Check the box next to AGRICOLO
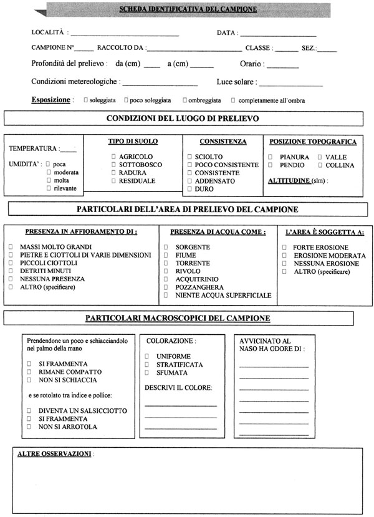pyautogui.click(x=113, y=156)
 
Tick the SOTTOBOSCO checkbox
pyautogui.click(x=113, y=164)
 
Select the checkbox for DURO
pyautogui.click(x=189, y=189)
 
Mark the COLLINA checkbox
pyautogui.click(x=320, y=165)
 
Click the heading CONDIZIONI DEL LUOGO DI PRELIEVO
pyautogui.click(x=183, y=118)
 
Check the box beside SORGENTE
pyautogui.click(x=166, y=247)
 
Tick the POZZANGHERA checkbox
pyautogui.click(x=166, y=286)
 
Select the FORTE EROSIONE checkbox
pyautogui.click(x=284, y=247)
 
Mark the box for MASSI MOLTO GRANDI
pyautogui.click(x=11, y=247)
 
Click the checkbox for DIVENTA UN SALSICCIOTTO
pyautogui.click(x=29, y=411)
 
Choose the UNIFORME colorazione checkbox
pyautogui.click(x=147, y=356)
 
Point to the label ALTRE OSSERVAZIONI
pyautogui.click(x=54, y=453)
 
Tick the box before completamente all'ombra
pyautogui.click(x=233, y=100)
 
